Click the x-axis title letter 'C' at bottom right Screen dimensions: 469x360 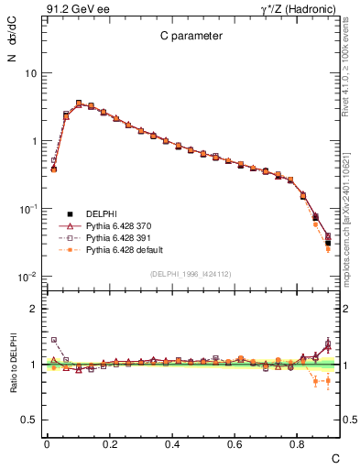(335, 456)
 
